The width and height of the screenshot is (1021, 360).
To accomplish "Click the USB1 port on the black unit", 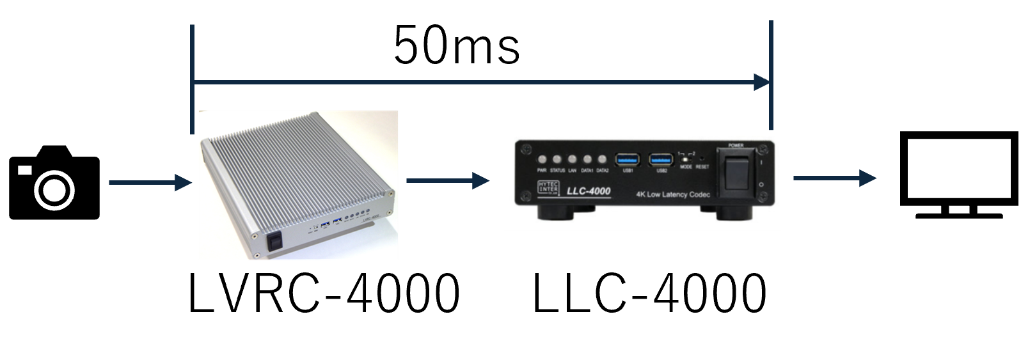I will coord(628,159).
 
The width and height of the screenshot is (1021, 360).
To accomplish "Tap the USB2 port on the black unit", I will coord(661,159).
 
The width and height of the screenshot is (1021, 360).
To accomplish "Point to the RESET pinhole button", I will coord(702,157).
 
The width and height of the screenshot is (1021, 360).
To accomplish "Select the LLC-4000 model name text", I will coord(589,191).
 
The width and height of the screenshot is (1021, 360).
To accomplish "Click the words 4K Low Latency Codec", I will coord(672,194).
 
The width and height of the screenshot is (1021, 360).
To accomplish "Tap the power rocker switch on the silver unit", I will coord(275,242).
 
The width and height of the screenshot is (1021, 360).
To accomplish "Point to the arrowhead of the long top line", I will coord(761,82).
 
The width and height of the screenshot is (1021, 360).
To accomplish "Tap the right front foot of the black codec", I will coord(732,212).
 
